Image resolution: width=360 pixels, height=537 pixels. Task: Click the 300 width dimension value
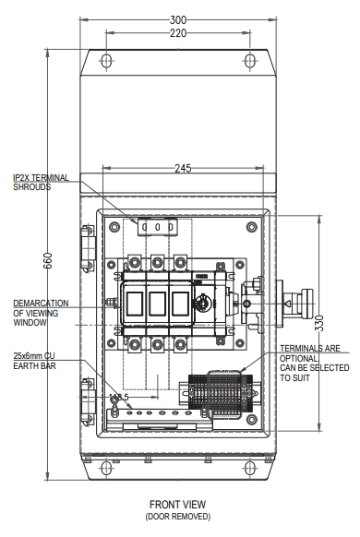click(x=178, y=20)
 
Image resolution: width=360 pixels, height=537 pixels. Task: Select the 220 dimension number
click(x=178, y=33)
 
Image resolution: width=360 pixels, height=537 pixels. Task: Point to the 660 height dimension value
click(x=48, y=260)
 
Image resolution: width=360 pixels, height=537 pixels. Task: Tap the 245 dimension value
click(x=184, y=169)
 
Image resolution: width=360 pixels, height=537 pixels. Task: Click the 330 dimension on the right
click(x=318, y=323)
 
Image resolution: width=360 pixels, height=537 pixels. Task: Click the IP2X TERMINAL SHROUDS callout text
click(x=41, y=183)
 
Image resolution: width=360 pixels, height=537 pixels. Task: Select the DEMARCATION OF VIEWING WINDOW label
click(x=41, y=313)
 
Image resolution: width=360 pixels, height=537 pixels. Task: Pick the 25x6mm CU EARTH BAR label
click(x=34, y=361)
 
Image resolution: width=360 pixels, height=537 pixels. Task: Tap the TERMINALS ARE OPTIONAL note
click(x=314, y=364)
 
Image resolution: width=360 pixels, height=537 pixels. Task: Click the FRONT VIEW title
click(x=178, y=505)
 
